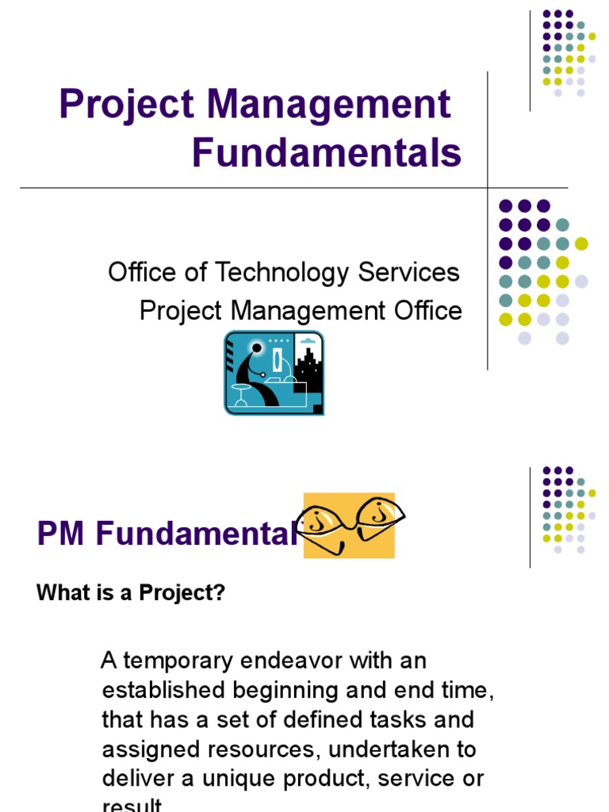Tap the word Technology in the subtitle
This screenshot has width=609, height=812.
click(x=282, y=273)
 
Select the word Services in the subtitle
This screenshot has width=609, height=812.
click(x=408, y=273)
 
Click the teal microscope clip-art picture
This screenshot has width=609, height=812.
click(x=274, y=373)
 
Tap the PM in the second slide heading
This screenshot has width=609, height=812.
click(x=62, y=534)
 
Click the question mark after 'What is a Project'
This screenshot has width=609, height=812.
click(x=220, y=594)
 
